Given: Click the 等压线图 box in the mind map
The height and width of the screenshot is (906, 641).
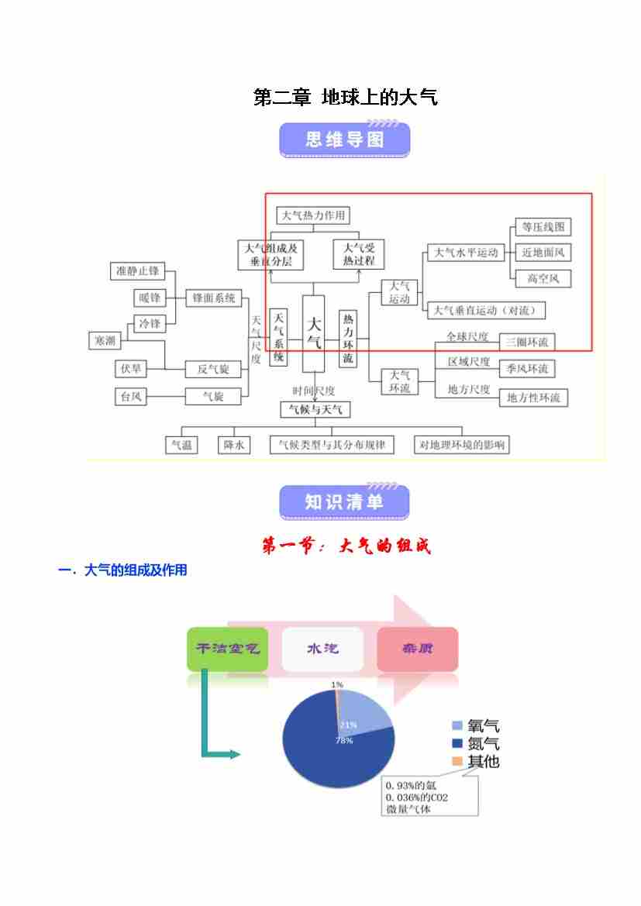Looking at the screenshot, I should pyautogui.click(x=543, y=227).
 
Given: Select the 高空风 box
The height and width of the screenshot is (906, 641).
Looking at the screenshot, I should pyautogui.click(x=543, y=277).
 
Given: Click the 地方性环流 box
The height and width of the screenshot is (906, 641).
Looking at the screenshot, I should pyautogui.click(x=532, y=398).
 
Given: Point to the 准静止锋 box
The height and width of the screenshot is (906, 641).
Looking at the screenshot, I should pyautogui.click(x=137, y=271).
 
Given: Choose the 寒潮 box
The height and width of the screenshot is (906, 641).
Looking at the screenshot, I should pyautogui.click(x=105, y=340).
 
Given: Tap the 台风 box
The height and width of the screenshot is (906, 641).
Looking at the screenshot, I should pyautogui.click(x=129, y=396).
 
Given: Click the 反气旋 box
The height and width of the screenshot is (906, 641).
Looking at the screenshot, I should pyautogui.click(x=213, y=369).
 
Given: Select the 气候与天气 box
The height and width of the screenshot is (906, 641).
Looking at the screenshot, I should pyautogui.click(x=314, y=408).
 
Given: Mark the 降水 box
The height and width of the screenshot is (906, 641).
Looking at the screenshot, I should pyautogui.click(x=234, y=445).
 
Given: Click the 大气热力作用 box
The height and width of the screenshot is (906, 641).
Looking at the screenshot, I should pyautogui.click(x=313, y=215).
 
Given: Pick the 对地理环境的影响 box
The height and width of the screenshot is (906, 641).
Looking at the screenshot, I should pyautogui.click(x=461, y=445).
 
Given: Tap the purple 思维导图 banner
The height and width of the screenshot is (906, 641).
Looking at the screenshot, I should pyautogui.click(x=344, y=140).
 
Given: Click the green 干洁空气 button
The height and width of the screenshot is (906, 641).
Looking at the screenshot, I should pyautogui.click(x=227, y=649).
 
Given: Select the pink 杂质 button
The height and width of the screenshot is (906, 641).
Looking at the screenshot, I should pyautogui.click(x=417, y=649).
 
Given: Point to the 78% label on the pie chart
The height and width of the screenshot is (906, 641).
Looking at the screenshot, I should pyautogui.click(x=343, y=741).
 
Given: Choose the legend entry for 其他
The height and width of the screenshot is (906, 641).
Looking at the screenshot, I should pyautogui.click(x=475, y=761).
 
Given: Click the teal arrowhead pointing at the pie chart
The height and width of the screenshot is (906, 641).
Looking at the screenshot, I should pyautogui.click(x=236, y=754).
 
